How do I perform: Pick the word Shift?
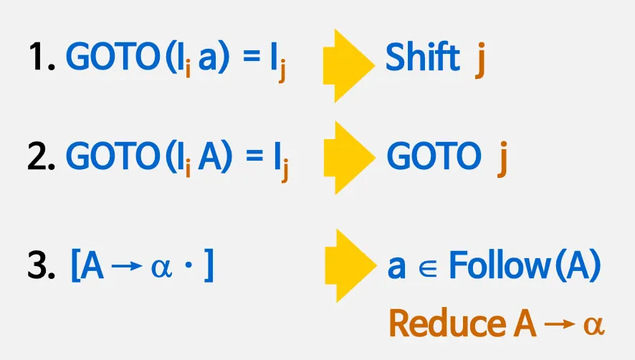tap(422, 57)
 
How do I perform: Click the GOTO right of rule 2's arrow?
tap(432, 156)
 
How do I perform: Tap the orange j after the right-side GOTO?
tap(502, 159)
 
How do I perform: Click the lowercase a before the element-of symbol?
tap(396, 269)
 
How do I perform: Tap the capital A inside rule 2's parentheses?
tap(210, 156)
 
